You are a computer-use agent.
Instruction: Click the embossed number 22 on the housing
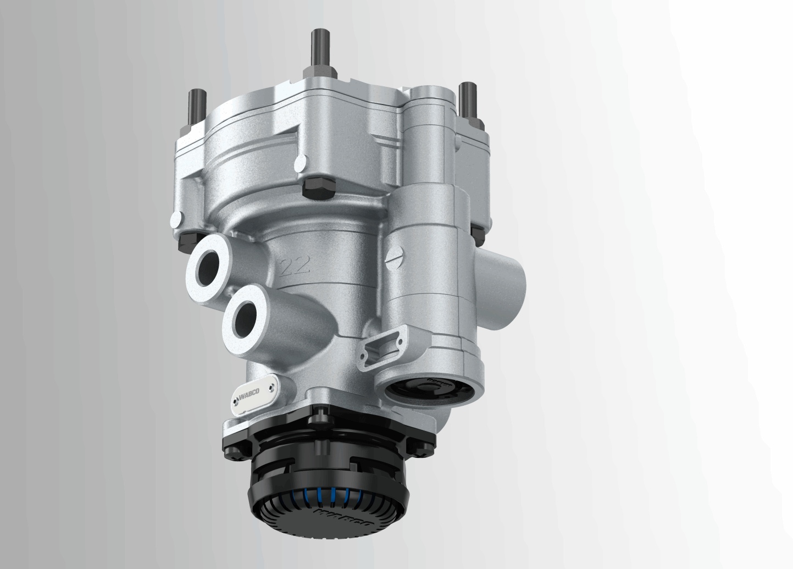296,266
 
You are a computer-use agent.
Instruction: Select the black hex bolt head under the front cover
318,189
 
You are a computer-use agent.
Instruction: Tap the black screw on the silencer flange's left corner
230,446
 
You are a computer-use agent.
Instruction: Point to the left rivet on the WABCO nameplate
235,406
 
